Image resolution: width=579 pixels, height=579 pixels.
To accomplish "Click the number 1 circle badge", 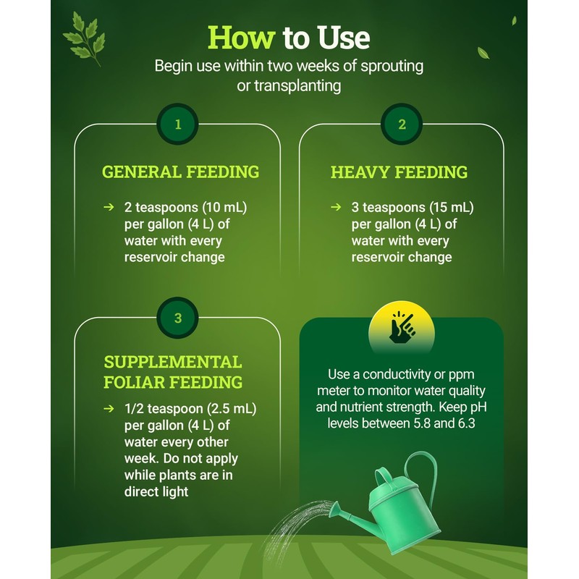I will pos(177,124).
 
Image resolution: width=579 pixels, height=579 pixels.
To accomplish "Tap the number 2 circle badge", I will pos(402,124).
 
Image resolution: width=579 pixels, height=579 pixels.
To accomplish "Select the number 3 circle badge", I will pos(177,317).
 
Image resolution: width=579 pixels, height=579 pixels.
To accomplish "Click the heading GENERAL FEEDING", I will pos(180,172).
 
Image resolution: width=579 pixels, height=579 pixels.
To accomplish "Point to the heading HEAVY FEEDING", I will pos(399,173).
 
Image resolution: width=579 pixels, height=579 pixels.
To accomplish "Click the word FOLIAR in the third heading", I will pos(135,381).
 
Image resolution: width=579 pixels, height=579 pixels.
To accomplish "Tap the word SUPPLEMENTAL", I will pos(172,362).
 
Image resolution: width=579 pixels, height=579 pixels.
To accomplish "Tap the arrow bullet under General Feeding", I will pos(109,208).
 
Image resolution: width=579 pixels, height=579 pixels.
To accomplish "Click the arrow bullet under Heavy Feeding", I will pos(336,208).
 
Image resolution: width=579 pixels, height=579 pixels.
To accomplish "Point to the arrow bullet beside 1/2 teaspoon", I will pos(109,409).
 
